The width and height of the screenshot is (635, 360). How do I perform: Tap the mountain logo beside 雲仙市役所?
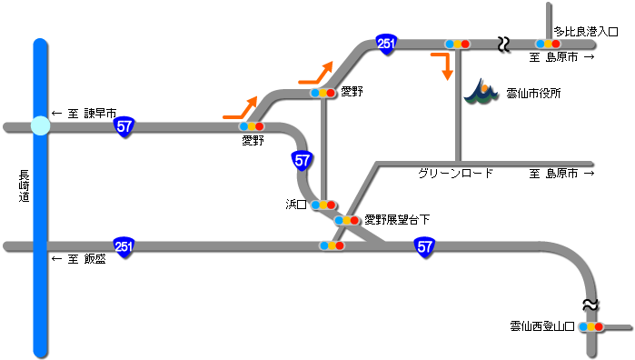(481, 92)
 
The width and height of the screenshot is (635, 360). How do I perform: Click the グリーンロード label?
(455, 173)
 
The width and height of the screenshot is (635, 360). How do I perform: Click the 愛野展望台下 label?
(396, 219)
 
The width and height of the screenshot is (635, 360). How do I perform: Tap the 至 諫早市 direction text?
(84, 114)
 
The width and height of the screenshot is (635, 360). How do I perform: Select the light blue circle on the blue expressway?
(39, 126)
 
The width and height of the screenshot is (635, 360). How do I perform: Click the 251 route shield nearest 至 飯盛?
(124, 245)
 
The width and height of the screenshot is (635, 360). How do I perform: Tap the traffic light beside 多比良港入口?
(546, 44)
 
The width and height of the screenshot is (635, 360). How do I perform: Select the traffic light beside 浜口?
(322, 205)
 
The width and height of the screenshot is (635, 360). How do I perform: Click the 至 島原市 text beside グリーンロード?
(561, 173)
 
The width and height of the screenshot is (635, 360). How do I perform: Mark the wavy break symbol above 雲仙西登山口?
(590, 303)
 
